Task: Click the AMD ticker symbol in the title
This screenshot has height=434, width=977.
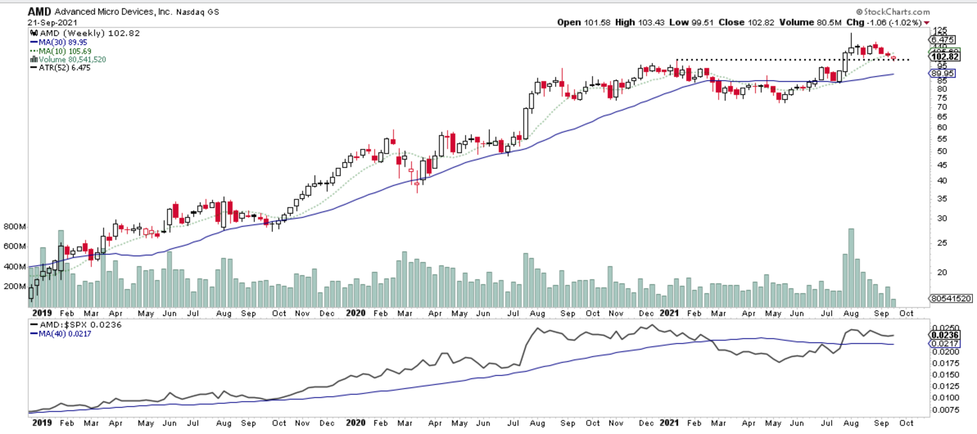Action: click(39, 12)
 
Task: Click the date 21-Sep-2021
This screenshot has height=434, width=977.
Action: click(52, 23)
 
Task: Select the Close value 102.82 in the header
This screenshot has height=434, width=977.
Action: click(761, 23)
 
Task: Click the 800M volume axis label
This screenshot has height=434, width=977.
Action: click(15, 226)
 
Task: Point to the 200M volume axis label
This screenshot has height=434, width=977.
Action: click(15, 286)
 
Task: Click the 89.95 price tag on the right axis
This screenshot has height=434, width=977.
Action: click(942, 73)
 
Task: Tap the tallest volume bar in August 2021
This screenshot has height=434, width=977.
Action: click(851, 268)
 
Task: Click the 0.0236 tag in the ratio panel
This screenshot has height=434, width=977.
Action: click(945, 335)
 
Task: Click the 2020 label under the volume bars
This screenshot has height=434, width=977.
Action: click(355, 313)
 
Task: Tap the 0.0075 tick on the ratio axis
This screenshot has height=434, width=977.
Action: click(945, 410)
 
